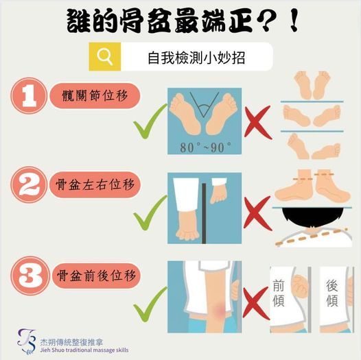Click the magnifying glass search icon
click(x=105, y=58)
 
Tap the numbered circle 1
click(x=29, y=96)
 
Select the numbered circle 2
click(x=29, y=184)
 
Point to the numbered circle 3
click(x=30, y=276)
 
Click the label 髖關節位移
click(x=95, y=96)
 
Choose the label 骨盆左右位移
click(x=95, y=184)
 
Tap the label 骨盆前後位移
click(x=96, y=276)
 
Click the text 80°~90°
click(x=205, y=147)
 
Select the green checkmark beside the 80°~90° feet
click(x=150, y=121)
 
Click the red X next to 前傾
click(x=256, y=303)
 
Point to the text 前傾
click(x=279, y=293)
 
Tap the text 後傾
click(x=332, y=293)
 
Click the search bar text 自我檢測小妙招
click(x=196, y=58)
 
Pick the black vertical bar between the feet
click(x=204, y=213)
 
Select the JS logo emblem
click(x=27, y=341)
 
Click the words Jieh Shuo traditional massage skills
click(x=84, y=350)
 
